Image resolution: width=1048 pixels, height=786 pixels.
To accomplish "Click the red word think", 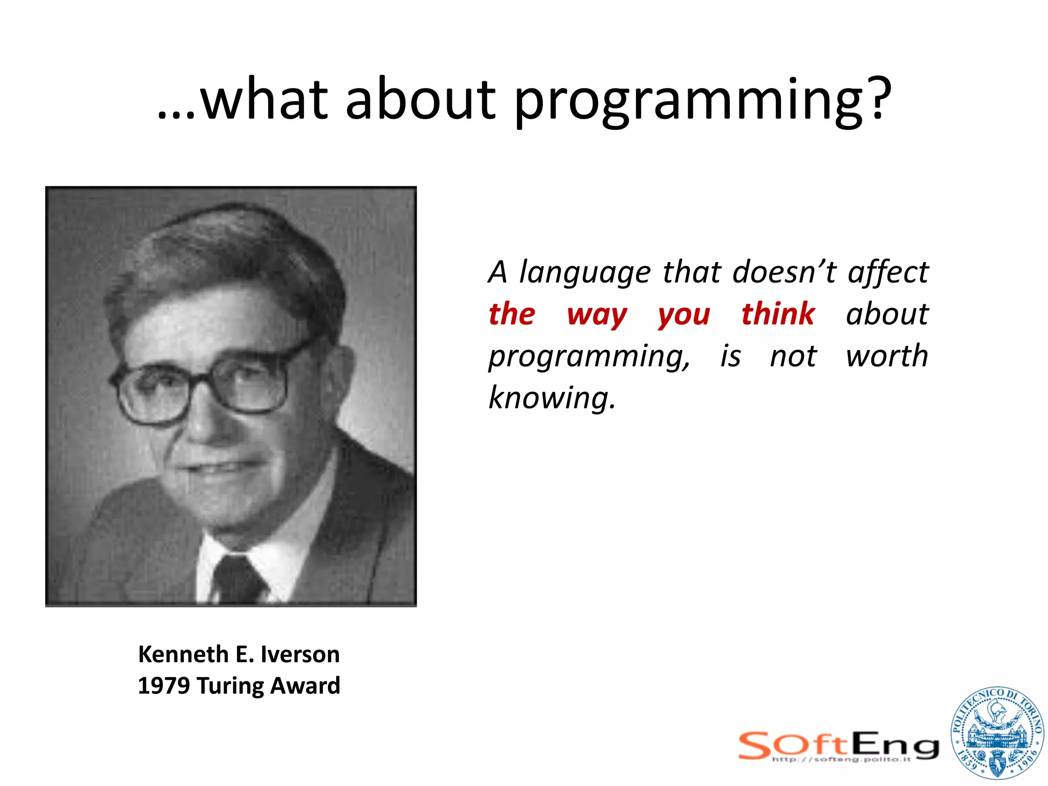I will point(778,314).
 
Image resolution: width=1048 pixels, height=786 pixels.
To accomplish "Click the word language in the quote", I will point(585,273).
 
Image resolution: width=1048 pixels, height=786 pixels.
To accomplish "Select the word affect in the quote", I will point(888,272).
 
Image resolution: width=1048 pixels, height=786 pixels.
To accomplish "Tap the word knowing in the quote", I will point(552,398).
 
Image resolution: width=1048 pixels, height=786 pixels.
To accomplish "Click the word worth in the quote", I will point(887,356).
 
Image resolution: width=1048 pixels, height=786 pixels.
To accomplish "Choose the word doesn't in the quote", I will point(784,272).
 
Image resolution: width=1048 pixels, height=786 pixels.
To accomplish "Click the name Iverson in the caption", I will point(300,654).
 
